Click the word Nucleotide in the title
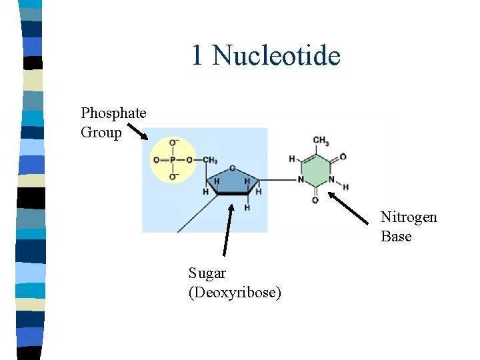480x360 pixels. click(x=277, y=55)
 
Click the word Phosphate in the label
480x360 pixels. click(x=113, y=113)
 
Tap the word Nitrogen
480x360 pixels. click(x=409, y=217)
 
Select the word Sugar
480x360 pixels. click(x=207, y=273)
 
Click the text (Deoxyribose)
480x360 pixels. click(x=235, y=293)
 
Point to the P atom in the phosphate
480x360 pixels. click(x=173, y=160)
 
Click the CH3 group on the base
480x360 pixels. click(x=321, y=141)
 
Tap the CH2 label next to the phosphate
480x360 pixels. click(x=210, y=160)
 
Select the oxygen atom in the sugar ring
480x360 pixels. click(x=232, y=168)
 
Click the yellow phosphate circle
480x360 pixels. click(x=173, y=160)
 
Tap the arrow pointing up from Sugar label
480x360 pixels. click(x=228, y=230)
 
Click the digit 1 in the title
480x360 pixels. click(x=197, y=55)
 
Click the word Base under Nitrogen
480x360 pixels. click(x=396, y=237)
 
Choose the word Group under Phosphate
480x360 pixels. click(x=101, y=133)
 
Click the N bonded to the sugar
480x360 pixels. click(x=301, y=180)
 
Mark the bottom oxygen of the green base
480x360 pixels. click(x=315, y=200)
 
